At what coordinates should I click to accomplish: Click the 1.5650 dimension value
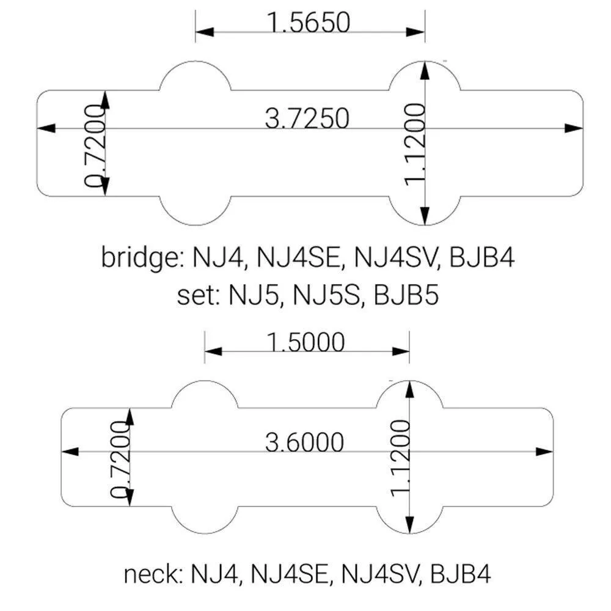309,23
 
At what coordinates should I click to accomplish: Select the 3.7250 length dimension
307,118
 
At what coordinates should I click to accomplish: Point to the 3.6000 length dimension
304,442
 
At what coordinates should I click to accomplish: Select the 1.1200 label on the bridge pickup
415,142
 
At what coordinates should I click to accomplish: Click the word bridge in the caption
137,258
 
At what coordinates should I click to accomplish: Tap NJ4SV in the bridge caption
395,258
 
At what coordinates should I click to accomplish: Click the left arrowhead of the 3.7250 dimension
46,128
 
